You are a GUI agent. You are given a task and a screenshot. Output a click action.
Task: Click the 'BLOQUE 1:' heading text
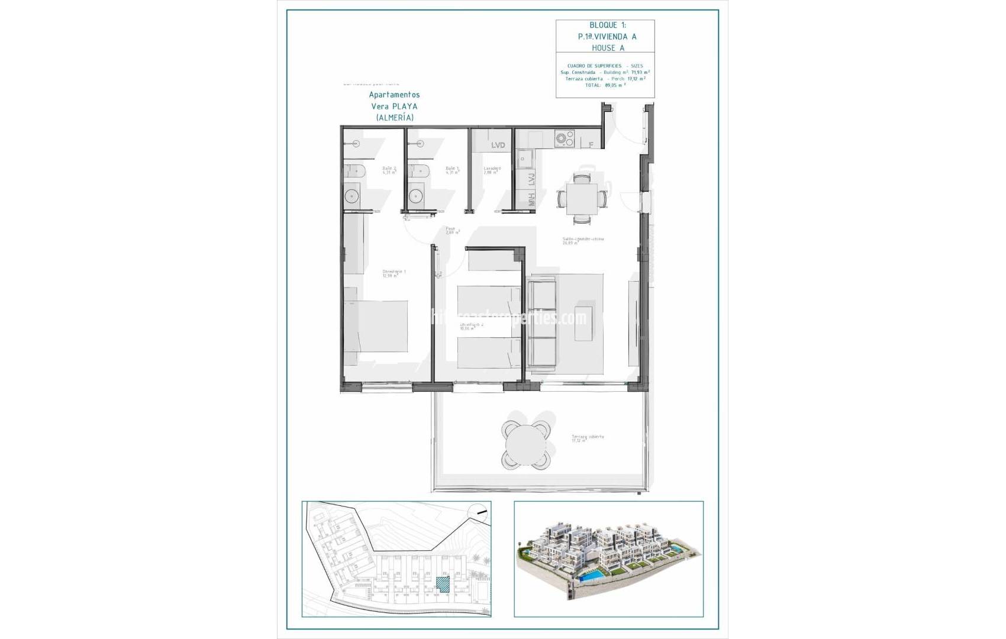(607, 25)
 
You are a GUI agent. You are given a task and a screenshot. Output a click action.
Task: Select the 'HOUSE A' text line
(608, 48)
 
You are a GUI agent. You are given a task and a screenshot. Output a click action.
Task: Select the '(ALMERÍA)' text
(395, 118)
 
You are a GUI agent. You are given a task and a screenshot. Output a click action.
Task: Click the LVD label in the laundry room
(498, 145)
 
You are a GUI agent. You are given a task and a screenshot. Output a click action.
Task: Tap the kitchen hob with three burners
(564, 138)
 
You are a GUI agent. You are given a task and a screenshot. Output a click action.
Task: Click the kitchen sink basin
(524, 159)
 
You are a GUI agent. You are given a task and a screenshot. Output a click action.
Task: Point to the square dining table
(582, 199)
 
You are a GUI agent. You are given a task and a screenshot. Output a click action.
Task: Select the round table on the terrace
(527, 445)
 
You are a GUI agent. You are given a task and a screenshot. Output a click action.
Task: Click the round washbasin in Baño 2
(352, 196)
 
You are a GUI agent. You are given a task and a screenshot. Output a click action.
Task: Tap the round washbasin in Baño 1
(416, 196)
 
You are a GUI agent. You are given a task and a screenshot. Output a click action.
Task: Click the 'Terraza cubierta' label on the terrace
(587, 437)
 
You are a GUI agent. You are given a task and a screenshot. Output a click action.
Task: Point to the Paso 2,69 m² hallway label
(452, 230)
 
